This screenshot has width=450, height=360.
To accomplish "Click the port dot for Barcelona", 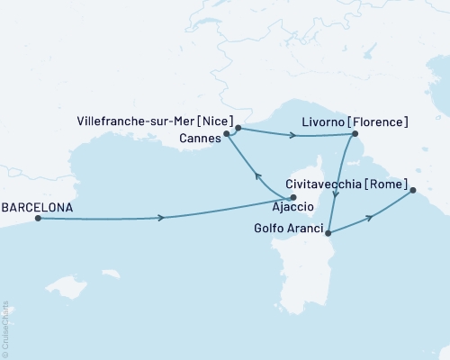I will click(37, 218).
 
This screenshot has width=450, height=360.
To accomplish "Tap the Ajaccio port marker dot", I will click(292, 198).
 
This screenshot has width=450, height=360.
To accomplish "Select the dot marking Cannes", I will click(227, 134).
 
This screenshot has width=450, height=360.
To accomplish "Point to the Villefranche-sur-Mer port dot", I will click(238, 128).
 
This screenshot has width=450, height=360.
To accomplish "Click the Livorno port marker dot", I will click(352, 135).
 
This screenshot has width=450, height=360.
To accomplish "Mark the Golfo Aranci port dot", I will click(328, 234).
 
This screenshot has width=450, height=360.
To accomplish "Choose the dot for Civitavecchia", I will click(412, 190).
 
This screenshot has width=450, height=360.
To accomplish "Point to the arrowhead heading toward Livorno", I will click(293, 137).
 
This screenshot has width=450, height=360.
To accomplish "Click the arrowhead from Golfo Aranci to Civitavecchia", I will click(369, 217).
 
